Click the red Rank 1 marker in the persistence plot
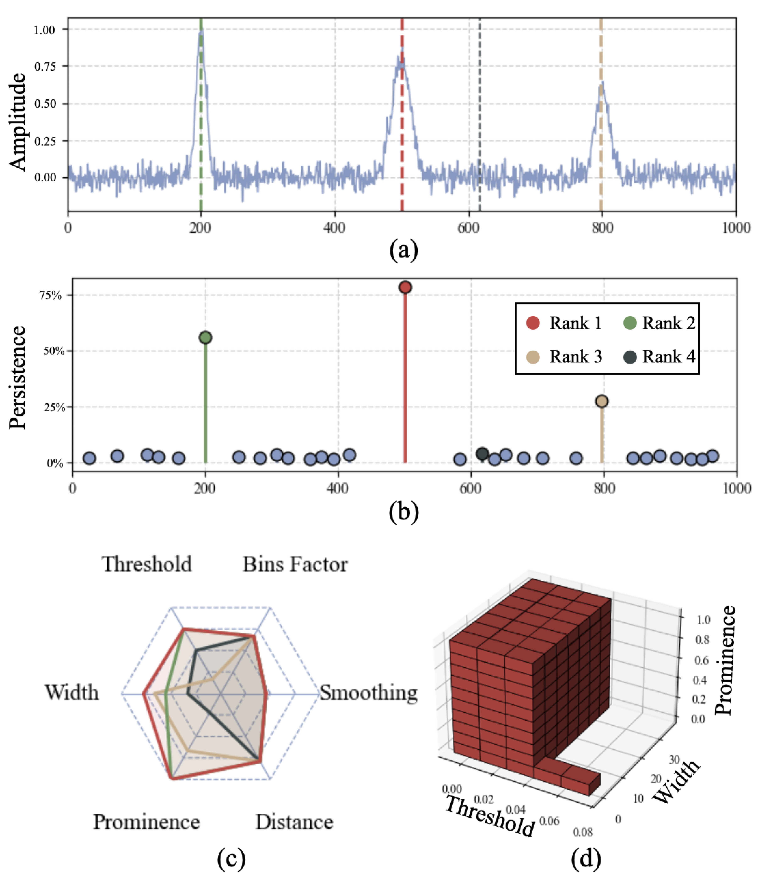tap(405, 287)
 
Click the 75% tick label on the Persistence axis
tap(51, 295)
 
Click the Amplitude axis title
tap(18, 122)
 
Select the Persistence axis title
tap(18, 377)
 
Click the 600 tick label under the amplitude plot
tap(468, 228)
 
